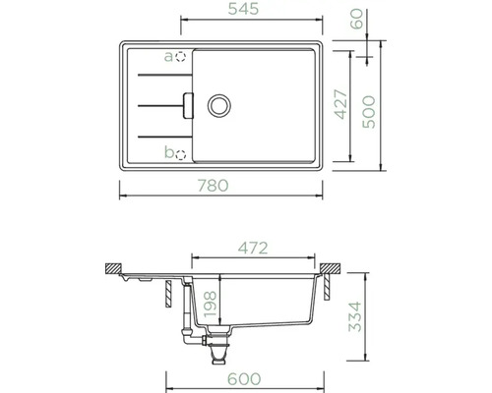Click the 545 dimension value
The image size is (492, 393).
243,9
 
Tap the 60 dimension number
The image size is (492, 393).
357,19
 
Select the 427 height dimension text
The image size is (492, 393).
341,104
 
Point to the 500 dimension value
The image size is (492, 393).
369,112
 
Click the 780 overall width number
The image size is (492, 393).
213,186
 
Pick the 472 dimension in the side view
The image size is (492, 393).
253,249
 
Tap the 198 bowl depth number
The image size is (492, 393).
211,305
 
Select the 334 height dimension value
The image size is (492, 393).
354,316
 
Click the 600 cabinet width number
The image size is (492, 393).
244,379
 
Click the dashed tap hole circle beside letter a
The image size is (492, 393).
180,57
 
